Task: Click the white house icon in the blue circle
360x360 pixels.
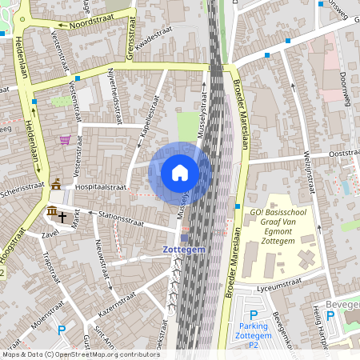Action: pyautogui.click(x=180, y=173)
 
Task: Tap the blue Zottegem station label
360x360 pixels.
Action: pyautogui.click(x=184, y=250)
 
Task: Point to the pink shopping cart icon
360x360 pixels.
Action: pyautogui.click(x=64, y=140)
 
